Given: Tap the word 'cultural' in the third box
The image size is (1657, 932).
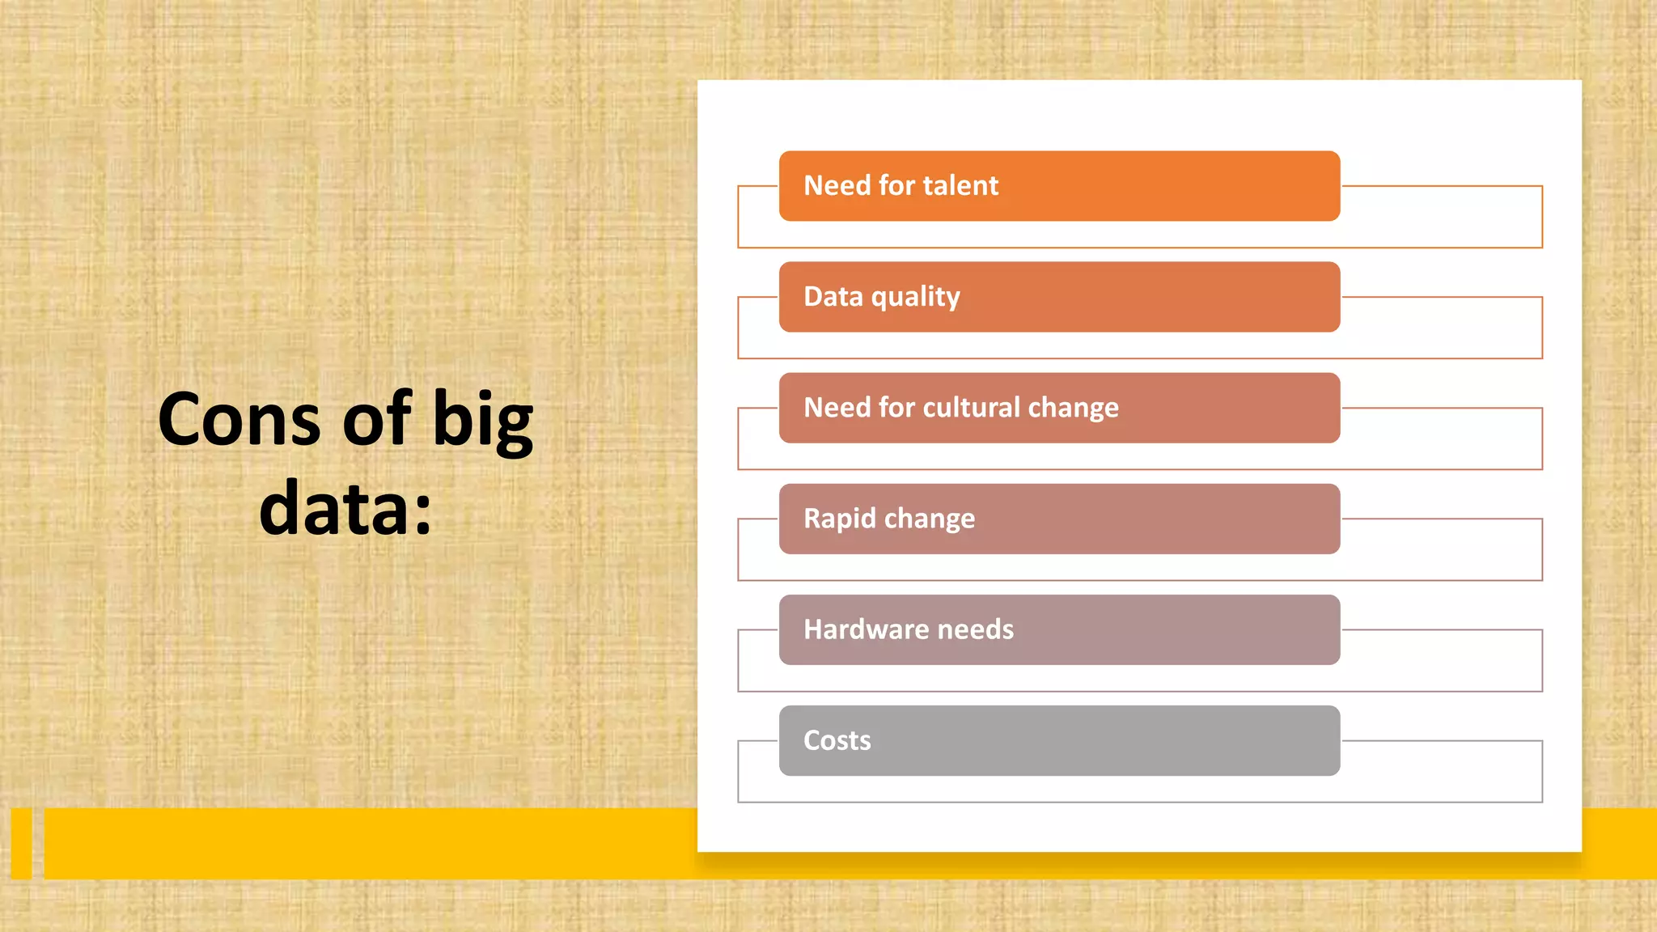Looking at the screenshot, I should click(x=971, y=408).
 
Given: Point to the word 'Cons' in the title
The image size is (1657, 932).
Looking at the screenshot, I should click(x=239, y=420).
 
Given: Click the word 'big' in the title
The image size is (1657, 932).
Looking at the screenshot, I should click(x=483, y=422).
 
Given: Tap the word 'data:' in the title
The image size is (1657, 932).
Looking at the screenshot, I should click(x=345, y=509).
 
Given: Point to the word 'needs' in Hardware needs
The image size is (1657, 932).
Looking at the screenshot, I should click(x=975, y=629).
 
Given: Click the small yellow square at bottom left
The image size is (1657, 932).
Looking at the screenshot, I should click(x=22, y=843).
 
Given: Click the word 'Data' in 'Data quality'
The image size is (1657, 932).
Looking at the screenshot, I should click(x=833, y=296).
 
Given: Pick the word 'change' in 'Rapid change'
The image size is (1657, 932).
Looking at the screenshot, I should click(x=930, y=519).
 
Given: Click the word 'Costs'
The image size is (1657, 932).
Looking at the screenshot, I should click(x=837, y=740).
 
